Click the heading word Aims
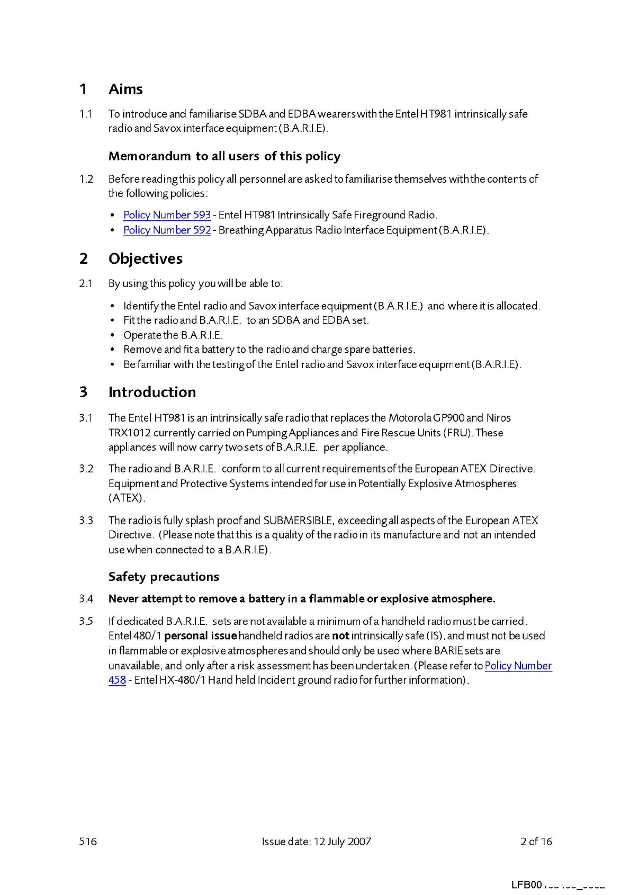coord(125,89)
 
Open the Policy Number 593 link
coord(167,215)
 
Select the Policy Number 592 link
coord(167,230)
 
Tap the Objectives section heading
coord(146,258)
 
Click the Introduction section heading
coord(152,392)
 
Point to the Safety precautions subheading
coord(164,577)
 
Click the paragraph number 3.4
coord(86,599)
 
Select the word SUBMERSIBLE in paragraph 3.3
coord(298,521)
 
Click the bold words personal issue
coord(200,636)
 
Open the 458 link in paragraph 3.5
coord(117,680)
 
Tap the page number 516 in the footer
coord(88,841)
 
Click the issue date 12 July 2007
coord(343,841)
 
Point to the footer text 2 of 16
coord(536,841)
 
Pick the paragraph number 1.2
coord(86,179)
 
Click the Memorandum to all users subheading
coord(224,156)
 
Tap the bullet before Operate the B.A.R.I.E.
coord(112,335)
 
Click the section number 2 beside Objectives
coord(84,258)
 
